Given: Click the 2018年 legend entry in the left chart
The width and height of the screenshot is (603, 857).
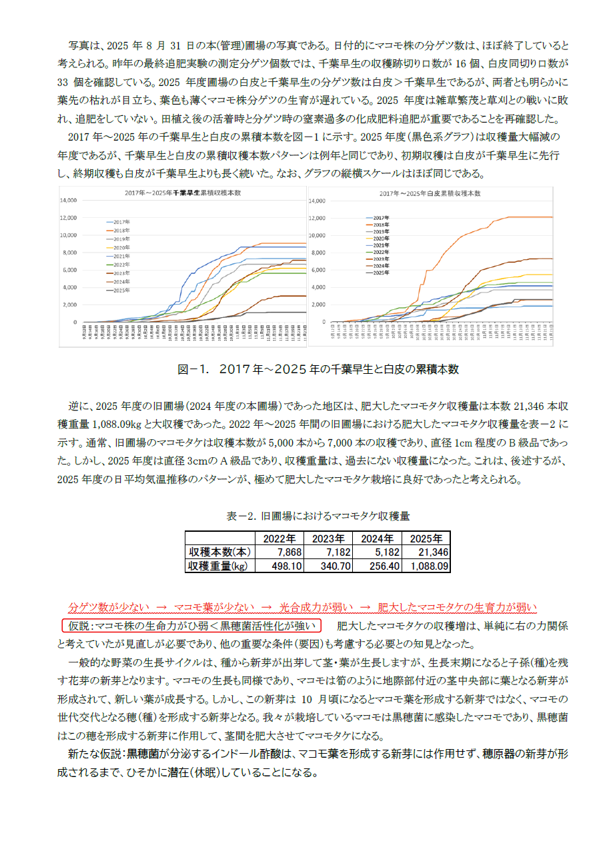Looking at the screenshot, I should (121, 230).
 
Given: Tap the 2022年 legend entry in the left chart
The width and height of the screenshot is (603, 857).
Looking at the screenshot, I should (121, 265).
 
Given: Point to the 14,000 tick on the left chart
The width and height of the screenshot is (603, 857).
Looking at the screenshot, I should (69, 201).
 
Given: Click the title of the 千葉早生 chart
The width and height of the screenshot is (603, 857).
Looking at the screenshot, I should (183, 192).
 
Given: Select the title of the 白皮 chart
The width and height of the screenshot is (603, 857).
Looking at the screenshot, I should (430, 193).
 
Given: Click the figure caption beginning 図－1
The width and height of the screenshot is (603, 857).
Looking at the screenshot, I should (318, 369).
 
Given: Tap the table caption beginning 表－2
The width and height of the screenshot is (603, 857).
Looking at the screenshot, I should (318, 516).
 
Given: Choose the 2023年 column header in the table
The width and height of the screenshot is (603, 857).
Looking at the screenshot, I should (328, 538).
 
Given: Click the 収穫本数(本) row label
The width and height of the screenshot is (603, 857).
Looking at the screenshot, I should (219, 552).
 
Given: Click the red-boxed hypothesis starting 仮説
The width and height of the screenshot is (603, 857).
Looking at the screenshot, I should (192, 626).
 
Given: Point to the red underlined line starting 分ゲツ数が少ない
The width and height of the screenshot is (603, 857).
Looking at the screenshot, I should (302, 607).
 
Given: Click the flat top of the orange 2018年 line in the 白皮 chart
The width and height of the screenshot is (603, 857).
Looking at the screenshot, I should (527, 217).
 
